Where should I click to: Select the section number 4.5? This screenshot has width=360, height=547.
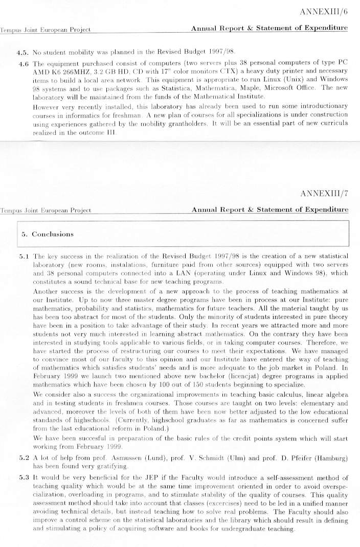point(23,52)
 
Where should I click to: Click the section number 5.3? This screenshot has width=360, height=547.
point(24,476)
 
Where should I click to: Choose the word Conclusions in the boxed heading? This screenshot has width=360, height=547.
point(53,234)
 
